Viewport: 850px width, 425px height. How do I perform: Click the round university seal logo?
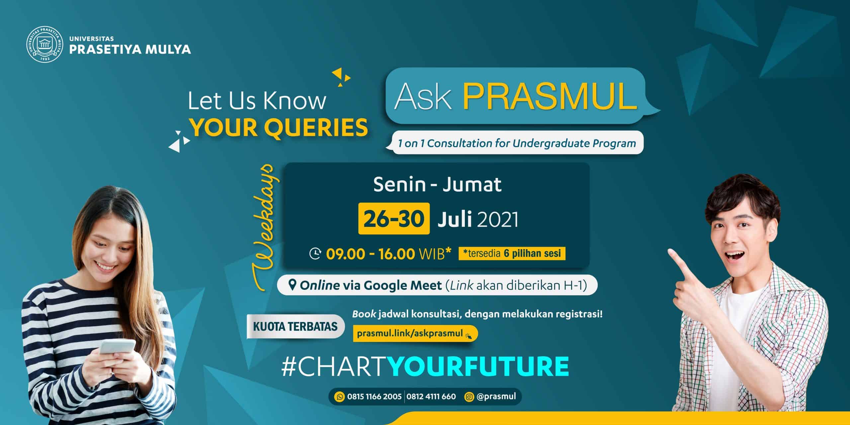point(45,45)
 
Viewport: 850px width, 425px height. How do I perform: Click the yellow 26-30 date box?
point(394,218)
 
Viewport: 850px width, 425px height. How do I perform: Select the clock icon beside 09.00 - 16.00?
point(315,254)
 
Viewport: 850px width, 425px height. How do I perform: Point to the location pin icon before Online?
point(292,285)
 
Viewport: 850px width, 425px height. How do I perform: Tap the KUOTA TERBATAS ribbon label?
point(295,326)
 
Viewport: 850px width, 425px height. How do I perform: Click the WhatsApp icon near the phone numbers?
point(339,396)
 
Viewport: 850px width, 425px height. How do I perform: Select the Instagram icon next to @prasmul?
point(469,396)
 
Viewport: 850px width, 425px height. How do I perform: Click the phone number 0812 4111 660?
point(431,396)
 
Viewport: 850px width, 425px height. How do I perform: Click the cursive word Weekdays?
point(266,226)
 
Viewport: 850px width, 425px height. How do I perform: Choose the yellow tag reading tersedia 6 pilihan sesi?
point(512,253)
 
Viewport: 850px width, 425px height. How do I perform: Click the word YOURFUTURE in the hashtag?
point(478,367)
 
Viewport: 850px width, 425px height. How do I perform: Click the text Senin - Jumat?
point(437,185)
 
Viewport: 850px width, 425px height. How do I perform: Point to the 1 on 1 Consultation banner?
point(517,143)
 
